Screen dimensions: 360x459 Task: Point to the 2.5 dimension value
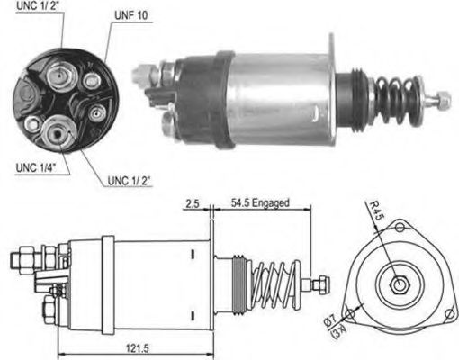coord(192,203)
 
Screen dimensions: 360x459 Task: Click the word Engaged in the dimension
coord(272,203)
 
